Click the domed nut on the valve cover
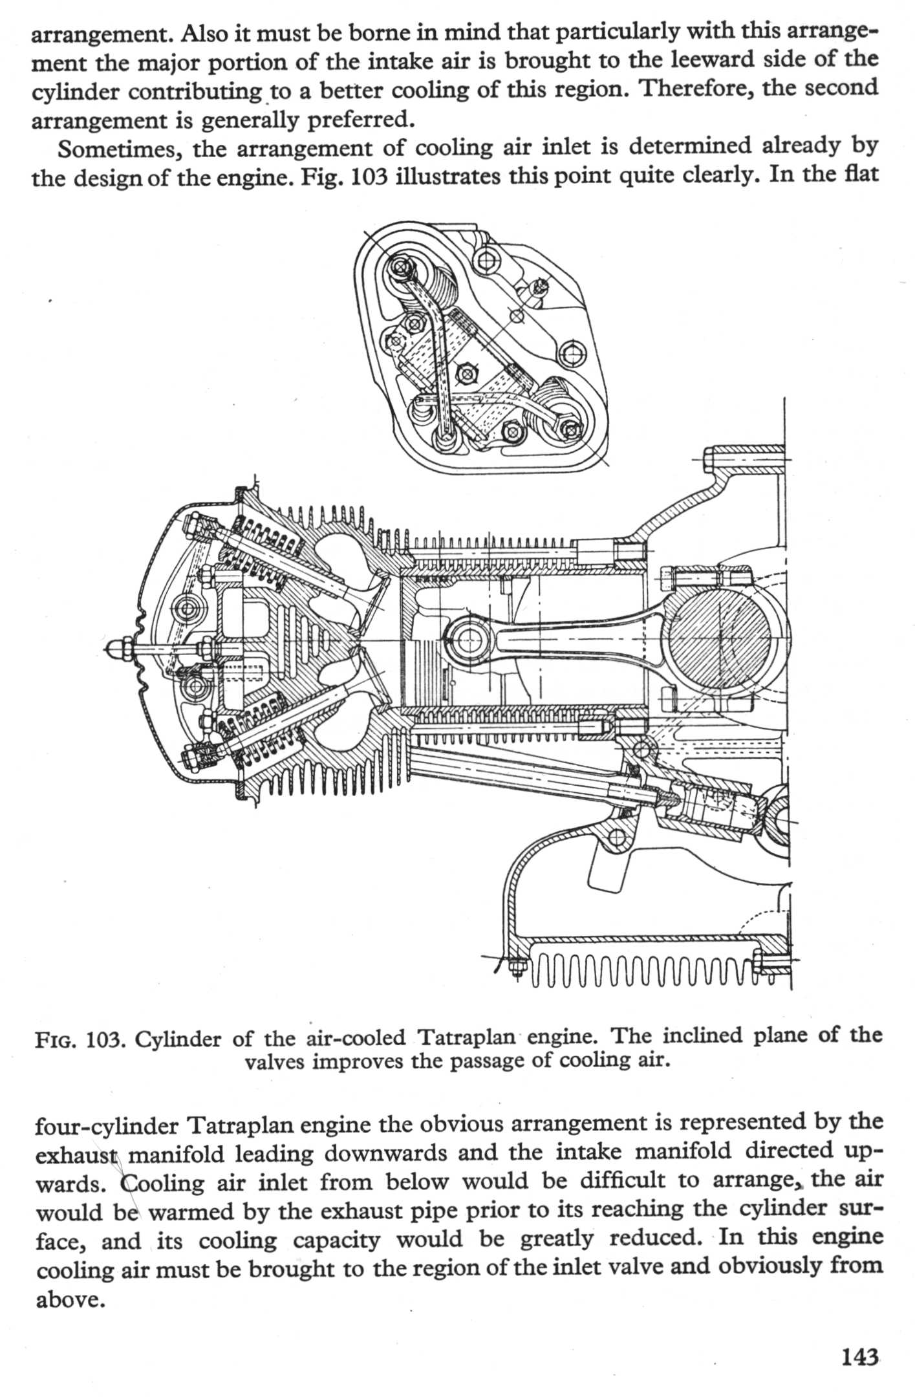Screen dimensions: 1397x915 119,646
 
